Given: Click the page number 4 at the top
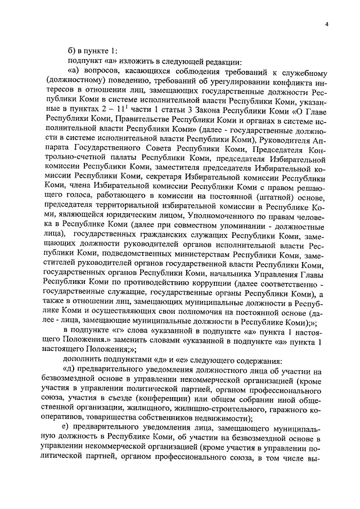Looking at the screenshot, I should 326,22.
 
